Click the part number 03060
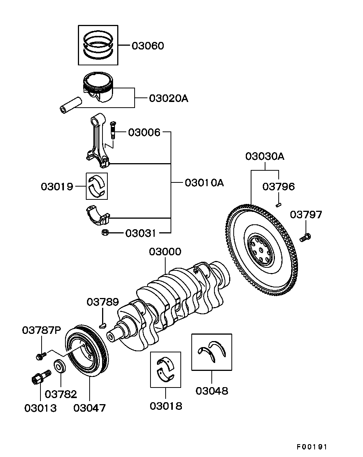pos(147,46)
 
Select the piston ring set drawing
pos(98,45)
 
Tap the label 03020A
pos(168,99)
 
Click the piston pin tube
pos(71,105)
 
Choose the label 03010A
pos(204,183)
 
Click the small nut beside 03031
pos(105,233)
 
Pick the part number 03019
pos(57,186)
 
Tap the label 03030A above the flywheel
pos(265,156)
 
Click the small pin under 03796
pos(279,205)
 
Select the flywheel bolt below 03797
pos(305,238)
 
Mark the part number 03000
pos(165,252)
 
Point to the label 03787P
pos(41,330)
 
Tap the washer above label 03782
pos(60,367)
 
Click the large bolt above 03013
pos(40,376)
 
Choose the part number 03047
pos(90,408)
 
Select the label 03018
pos(166,406)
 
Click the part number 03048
pos(212,391)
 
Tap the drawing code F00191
pos(311,447)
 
